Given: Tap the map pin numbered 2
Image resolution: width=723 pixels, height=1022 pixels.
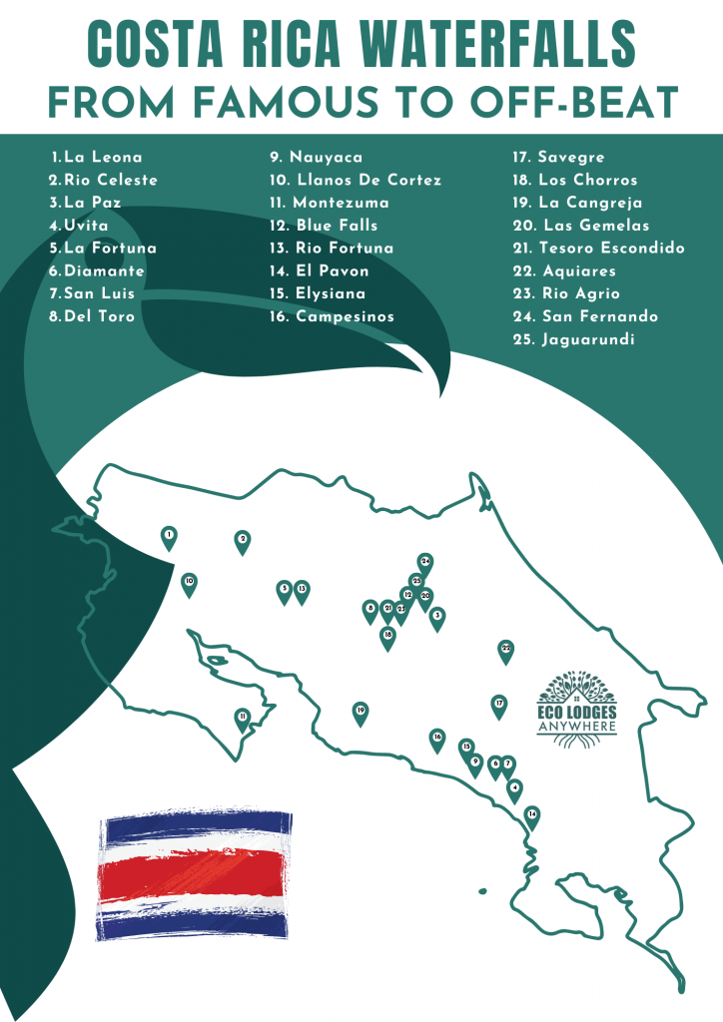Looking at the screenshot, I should click(x=242, y=541).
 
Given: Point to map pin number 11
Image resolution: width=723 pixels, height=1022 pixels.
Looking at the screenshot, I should click(x=242, y=718).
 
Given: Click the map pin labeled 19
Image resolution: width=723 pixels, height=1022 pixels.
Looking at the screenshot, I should click(x=361, y=713).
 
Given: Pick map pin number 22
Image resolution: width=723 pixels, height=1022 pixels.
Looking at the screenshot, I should click(x=505, y=650).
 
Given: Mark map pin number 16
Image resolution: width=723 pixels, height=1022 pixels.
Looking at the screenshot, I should click(x=436, y=739).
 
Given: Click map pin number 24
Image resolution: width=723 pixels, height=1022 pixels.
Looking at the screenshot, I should click(x=425, y=563).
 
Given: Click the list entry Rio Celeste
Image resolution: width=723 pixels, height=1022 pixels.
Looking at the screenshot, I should click(x=110, y=180).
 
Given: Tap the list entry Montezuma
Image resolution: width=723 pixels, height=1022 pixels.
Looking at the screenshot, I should click(x=340, y=203).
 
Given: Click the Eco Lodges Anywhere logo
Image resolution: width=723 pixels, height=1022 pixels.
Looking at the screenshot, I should click(x=577, y=705).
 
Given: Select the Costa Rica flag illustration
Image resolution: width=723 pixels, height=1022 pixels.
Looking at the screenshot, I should click(x=196, y=874).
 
